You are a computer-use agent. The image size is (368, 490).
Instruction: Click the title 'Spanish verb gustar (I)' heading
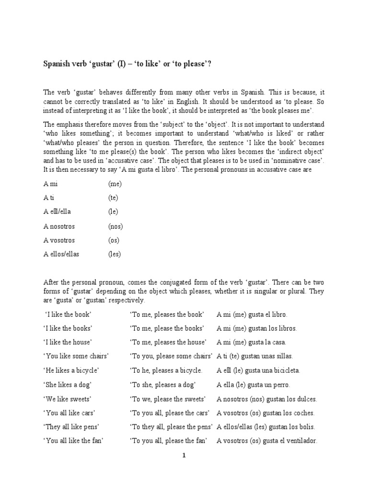[x=127, y=65]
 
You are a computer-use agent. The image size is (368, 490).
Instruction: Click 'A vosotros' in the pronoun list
[x=59, y=240]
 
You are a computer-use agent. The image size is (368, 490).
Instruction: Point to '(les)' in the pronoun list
[x=115, y=254]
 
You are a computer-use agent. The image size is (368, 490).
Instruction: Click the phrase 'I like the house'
[x=68, y=342]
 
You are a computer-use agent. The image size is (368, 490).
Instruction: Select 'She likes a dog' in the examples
[x=68, y=385]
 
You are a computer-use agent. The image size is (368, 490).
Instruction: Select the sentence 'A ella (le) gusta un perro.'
[x=253, y=385]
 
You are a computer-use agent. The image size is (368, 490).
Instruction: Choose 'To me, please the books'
[x=167, y=328]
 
